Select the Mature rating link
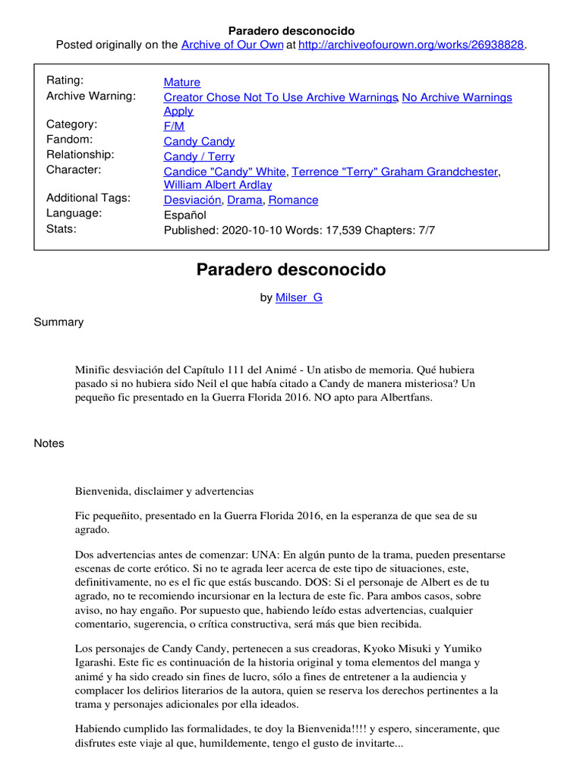click(182, 82)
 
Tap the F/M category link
click(174, 126)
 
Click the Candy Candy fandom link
click(199, 141)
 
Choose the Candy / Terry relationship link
click(199, 156)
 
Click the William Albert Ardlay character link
click(218, 184)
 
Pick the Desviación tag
click(192, 200)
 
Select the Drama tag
click(244, 200)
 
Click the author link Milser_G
click(298, 297)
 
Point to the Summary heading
click(58, 322)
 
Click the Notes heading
click(49, 443)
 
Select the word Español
click(184, 215)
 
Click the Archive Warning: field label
click(90, 96)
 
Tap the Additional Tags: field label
click(88, 198)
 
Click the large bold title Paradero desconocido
click(291, 269)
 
